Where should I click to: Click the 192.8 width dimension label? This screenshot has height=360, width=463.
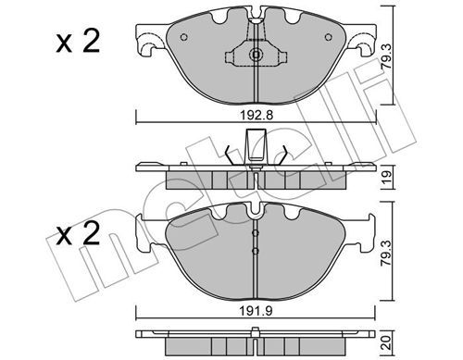257,115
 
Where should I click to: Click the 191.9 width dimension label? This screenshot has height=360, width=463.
256,311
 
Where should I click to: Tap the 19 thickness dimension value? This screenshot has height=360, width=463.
387,178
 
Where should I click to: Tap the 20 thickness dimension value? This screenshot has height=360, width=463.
387,342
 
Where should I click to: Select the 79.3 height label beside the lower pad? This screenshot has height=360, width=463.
386,254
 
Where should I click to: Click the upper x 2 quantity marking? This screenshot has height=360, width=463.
78,42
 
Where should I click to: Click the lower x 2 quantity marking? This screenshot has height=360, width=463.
78,234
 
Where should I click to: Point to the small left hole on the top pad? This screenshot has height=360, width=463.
183,37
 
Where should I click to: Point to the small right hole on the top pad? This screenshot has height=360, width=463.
329,37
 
